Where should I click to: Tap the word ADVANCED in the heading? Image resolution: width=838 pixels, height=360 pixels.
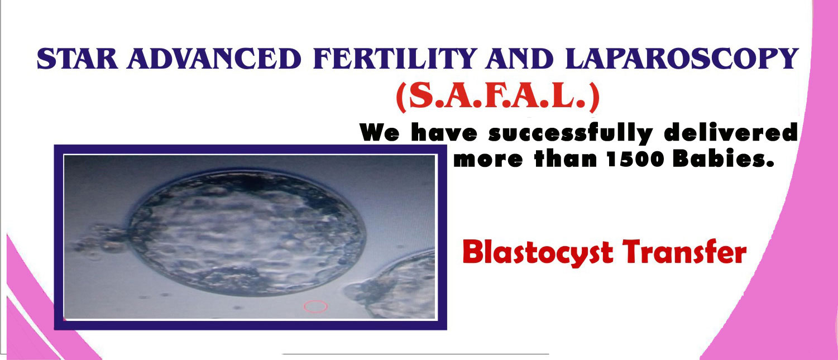214,58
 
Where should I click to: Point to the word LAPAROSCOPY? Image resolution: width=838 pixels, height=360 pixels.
682,58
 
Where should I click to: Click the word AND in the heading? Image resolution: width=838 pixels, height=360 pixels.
520,58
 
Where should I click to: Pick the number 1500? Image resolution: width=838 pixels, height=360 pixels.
635,160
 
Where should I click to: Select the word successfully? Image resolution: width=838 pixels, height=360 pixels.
571,133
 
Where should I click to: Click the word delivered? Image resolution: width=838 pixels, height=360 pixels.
731,132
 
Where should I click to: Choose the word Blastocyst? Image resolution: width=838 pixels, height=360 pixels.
538,253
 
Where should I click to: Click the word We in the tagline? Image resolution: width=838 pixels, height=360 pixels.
379,132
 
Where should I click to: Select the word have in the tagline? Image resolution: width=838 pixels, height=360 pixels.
444,132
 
